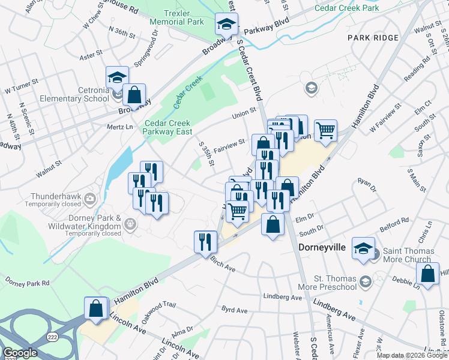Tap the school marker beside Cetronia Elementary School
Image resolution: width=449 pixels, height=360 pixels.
(x=117, y=77)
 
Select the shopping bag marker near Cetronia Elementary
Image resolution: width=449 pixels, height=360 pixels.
(x=134, y=94)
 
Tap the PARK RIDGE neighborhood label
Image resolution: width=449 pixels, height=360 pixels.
(x=373, y=38)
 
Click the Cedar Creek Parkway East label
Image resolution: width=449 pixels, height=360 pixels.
(x=167, y=128)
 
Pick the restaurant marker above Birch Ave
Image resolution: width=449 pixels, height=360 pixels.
(x=205, y=242)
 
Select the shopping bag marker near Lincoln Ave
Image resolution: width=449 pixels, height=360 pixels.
(x=96, y=308)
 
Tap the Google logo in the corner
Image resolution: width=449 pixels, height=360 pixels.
(x=20, y=353)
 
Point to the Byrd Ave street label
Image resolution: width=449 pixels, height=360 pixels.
(x=234, y=310)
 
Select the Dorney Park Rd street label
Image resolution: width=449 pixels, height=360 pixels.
(x=29, y=281)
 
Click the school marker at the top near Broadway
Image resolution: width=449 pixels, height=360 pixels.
(x=226, y=24)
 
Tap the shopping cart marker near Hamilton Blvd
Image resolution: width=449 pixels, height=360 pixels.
(x=325, y=130)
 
